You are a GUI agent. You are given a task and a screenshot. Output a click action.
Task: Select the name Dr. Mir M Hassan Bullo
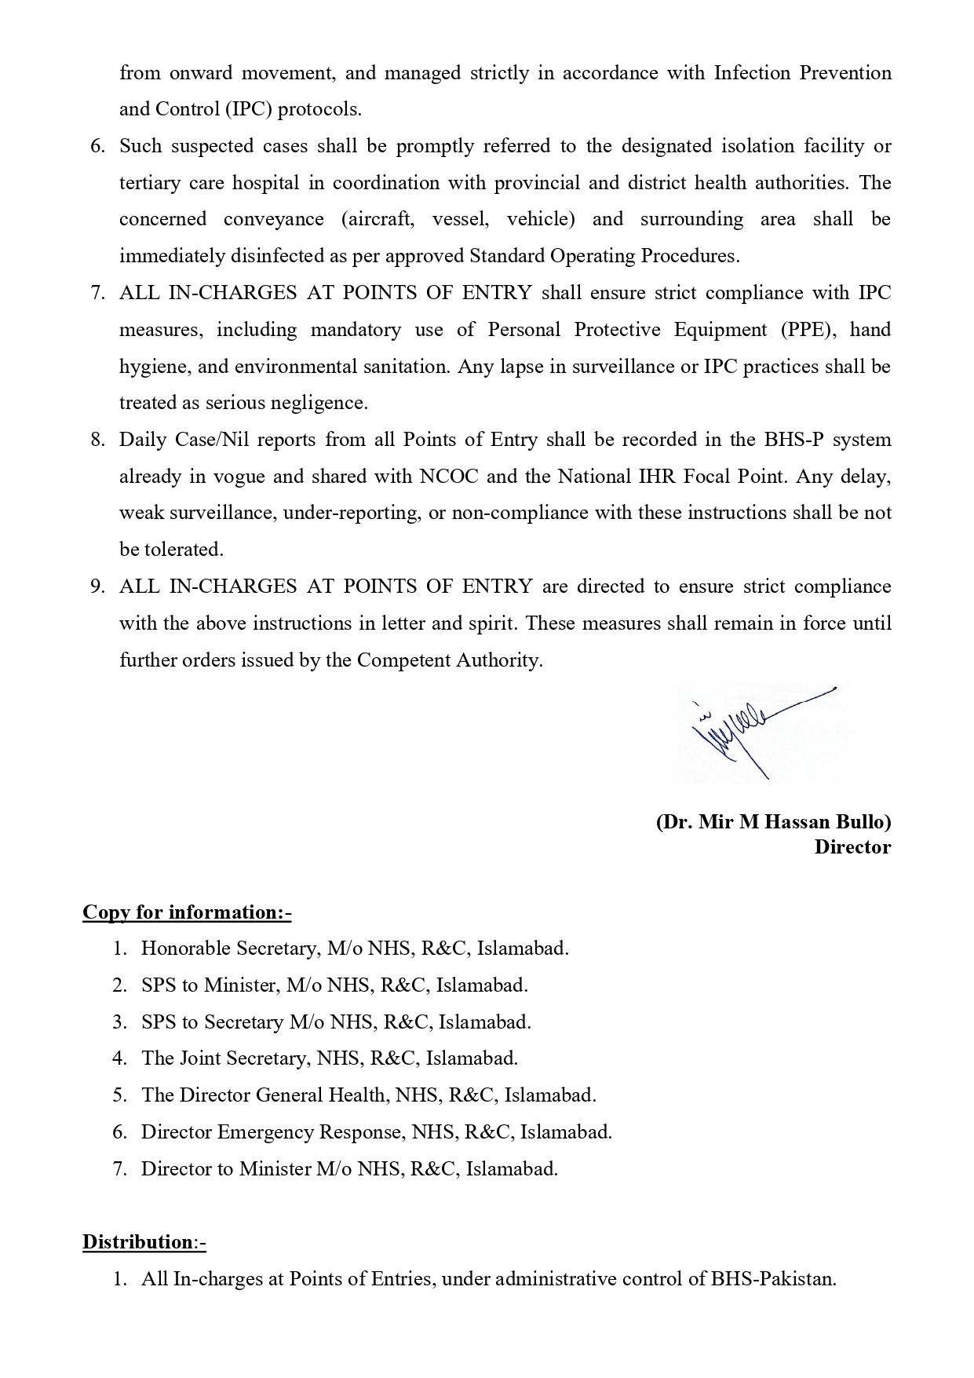773,822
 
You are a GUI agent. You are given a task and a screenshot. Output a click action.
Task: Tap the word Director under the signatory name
852,847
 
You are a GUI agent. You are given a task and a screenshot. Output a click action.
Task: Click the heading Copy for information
187,912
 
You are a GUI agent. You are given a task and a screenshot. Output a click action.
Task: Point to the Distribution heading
144,1242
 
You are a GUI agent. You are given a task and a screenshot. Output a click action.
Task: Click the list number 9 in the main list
97,587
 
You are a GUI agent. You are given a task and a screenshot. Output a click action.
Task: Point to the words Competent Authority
449,660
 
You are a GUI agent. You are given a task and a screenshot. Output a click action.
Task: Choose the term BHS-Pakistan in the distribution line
773,1279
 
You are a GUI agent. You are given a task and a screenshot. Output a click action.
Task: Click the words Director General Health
264,1095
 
